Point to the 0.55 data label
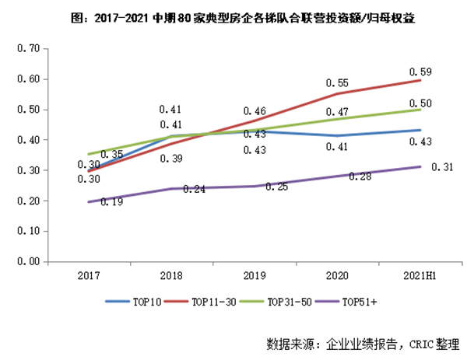338,83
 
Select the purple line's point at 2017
88,202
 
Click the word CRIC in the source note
420,342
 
